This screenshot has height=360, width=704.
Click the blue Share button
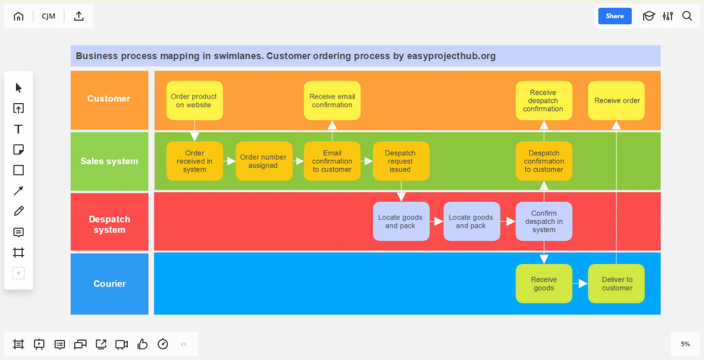pyautogui.click(x=614, y=16)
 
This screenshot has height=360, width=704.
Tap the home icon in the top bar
pyautogui.click(x=18, y=16)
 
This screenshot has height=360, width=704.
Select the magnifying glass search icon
pyautogui.click(x=687, y=16)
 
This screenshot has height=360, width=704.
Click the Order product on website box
pyautogui.click(x=194, y=101)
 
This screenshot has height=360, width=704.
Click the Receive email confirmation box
pyautogui.click(x=332, y=101)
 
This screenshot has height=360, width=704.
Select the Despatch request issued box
pyautogui.click(x=401, y=161)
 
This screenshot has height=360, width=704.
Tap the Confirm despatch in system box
pyautogui.click(x=543, y=221)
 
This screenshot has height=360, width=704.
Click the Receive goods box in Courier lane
pyautogui.click(x=543, y=284)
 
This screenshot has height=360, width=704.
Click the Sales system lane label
pyautogui.click(x=109, y=161)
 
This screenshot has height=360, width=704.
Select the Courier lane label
pyautogui.click(x=109, y=284)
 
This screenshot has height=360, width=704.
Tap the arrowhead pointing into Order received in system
pyautogui.click(x=194, y=136)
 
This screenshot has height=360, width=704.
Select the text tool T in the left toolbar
pyautogui.click(x=18, y=129)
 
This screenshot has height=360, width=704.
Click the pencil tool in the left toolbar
pyautogui.click(x=18, y=211)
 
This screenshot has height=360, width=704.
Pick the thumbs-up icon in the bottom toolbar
pyautogui.click(x=142, y=344)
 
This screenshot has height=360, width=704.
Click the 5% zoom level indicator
pyautogui.click(x=685, y=344)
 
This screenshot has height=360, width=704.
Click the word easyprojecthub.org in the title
pyautogui.click(x=451, y=56)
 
